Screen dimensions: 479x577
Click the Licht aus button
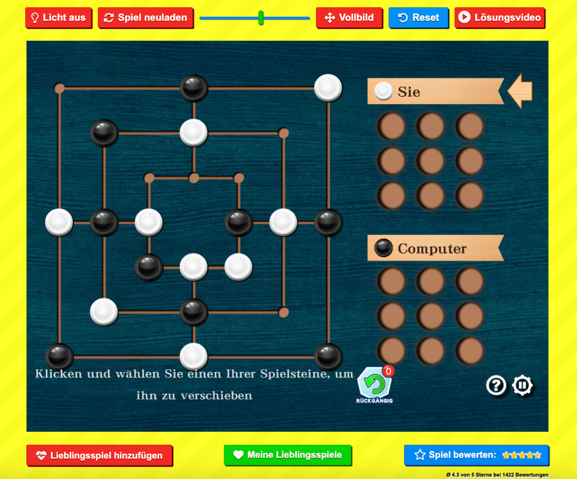click(x=58, y=18)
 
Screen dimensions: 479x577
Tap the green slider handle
click(x=261, y=18)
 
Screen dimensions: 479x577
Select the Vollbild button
click(x=349, y=18)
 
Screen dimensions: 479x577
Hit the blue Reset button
click(x=418, y=18)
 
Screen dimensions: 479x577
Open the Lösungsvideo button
click(x=500, y=18)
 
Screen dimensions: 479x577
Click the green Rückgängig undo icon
click(x=375, y=385)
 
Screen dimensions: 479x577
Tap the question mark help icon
click(x=496, y=385)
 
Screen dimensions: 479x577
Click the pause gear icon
click(x=523, y=385)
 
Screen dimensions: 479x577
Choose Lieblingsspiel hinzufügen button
click(x=100, y=455)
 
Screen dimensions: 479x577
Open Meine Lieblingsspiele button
click(x=288, y=455)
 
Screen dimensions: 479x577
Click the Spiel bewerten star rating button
click(x=476, y=455)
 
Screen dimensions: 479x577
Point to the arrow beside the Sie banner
click(x=520, y=91)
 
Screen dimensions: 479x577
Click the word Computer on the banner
click(x=432, y=249)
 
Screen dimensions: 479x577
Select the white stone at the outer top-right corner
click(x=328, y=88)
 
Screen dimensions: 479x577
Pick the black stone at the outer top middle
click(x=194, y=88)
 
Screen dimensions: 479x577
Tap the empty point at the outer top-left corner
click(x=60, y=88)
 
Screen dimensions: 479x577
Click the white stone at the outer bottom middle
click(x=194, y=356)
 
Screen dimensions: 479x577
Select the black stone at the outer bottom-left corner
click(x=59, y=356)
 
